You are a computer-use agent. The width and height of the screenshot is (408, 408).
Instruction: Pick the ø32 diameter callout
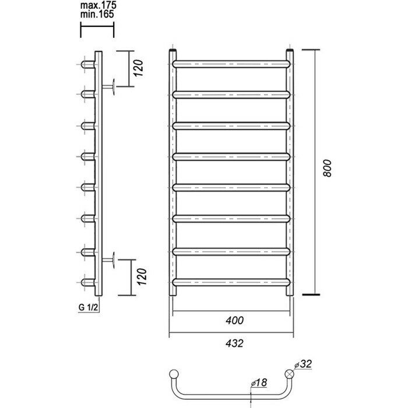tap(305, 365)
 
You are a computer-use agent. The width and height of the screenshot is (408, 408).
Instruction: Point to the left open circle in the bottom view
tap(174, 374)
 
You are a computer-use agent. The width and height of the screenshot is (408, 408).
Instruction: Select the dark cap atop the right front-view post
tap(289, 52)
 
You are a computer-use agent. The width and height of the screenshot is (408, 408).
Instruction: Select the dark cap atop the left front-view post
tap(174, 52)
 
